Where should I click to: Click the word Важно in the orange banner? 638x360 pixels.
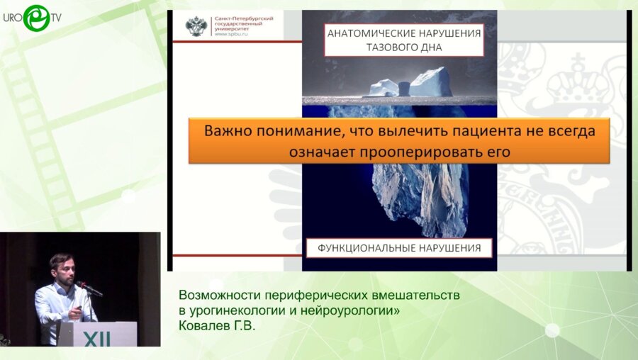[226, 131]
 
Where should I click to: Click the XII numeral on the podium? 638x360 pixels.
[92, 339]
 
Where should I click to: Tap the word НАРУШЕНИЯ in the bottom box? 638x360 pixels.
[454, 248]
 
